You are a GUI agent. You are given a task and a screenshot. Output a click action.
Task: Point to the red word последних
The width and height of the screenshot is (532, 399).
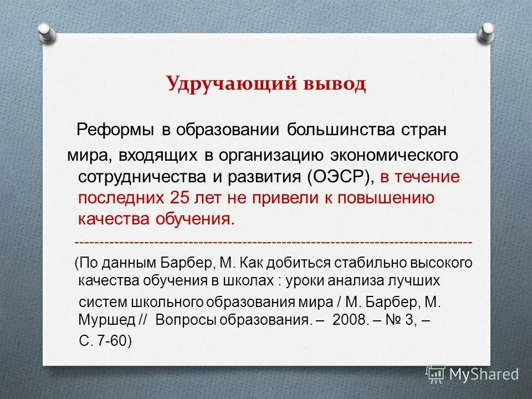[119, 198]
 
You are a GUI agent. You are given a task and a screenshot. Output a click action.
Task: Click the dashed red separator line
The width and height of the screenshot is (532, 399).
[273, 243]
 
